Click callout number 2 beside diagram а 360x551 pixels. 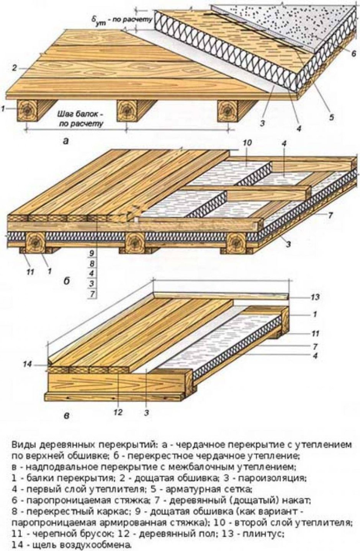(x=14, y=68)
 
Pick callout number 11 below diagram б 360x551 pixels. (x=29, y=272)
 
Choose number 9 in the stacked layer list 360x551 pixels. (x=91, y=253)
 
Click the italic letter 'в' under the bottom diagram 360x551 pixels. (x=66, y=416)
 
